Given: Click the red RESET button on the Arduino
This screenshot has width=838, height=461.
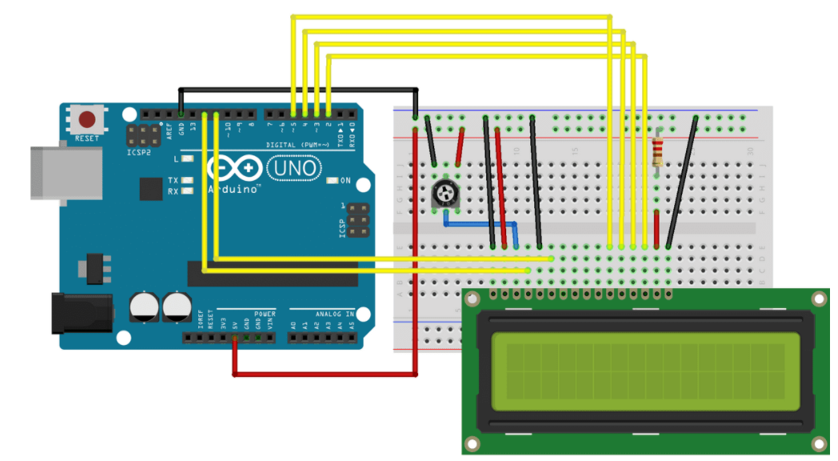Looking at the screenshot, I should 89,120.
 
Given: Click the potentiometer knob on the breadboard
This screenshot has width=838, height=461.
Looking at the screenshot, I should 443,192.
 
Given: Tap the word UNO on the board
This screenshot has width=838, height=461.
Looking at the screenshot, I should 293,168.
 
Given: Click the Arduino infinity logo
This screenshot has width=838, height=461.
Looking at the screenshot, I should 235,169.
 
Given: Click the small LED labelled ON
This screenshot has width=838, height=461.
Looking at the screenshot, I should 333,180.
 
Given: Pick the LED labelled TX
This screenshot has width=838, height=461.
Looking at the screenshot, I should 186,181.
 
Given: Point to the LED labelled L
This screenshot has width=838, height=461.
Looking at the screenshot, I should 186,159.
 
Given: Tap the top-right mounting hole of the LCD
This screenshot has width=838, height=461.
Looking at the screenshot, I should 819,299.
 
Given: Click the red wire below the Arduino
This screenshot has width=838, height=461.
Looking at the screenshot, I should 325,373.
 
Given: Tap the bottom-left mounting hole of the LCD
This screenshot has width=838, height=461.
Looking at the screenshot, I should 473,443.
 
